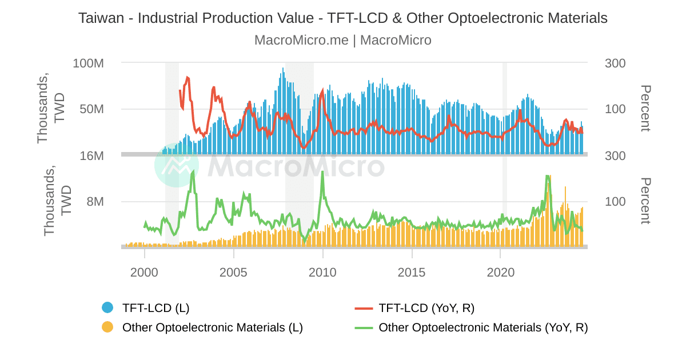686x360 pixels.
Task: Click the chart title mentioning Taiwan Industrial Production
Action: [342, 18]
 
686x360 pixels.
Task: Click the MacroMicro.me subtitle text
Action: [342, 41]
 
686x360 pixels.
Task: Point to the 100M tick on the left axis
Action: [88, 63]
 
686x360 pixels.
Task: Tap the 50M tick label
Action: [91, 109]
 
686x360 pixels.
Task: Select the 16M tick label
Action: [91, 155]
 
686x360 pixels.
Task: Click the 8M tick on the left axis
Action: [95, 202]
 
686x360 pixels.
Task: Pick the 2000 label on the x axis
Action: [144, 272]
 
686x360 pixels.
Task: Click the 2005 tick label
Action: [233, 272]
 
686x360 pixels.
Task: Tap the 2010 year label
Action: [322, 272]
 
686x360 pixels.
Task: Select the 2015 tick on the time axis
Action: [412, 272]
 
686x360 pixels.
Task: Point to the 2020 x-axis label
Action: [501, 272]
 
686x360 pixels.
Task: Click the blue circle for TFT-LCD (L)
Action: [107, 308]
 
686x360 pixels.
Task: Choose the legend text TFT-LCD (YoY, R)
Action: [426, 308]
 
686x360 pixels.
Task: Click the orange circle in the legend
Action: [107, 327]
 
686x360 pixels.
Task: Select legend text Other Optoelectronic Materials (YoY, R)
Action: [483, 327]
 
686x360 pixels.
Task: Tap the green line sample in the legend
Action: [364, 327]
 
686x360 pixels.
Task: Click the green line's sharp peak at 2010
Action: [322, 172]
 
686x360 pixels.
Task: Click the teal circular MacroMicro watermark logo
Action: [177, 165]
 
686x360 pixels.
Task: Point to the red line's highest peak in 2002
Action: [187, 77]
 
